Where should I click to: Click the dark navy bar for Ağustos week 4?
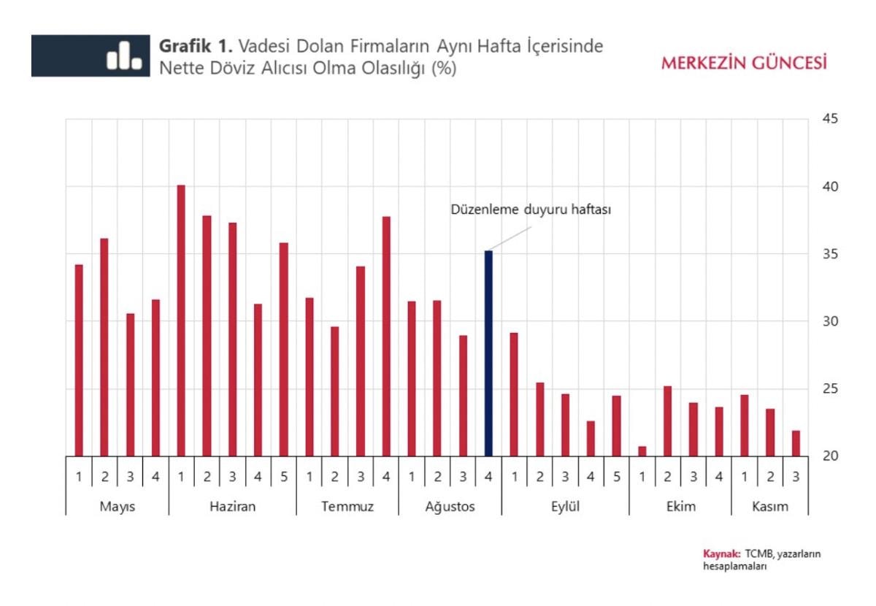point(488,353)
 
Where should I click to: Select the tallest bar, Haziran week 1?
point(181,321)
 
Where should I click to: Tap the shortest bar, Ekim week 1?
point(642,451)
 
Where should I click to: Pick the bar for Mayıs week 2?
point(104,348)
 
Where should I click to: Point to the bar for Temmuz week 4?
point(386,337)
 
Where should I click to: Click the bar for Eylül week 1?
point(514,394)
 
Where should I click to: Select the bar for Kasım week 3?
point(796,443)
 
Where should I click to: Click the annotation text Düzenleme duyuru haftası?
point(529,210)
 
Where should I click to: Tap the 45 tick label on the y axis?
point(830,119)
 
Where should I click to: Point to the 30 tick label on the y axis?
point(830,321)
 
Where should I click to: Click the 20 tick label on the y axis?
point(830,456)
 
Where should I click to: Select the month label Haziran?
point(233,507)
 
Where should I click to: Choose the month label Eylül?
point(565,507)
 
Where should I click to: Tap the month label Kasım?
point(769,507)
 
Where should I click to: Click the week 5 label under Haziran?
point(284,477)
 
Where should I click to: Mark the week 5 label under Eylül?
point(617,477)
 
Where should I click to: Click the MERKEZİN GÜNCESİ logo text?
point(744,63)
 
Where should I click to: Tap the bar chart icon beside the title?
point(123,56)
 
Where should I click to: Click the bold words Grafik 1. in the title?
point(195,47)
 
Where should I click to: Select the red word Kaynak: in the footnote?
point(722,553)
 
